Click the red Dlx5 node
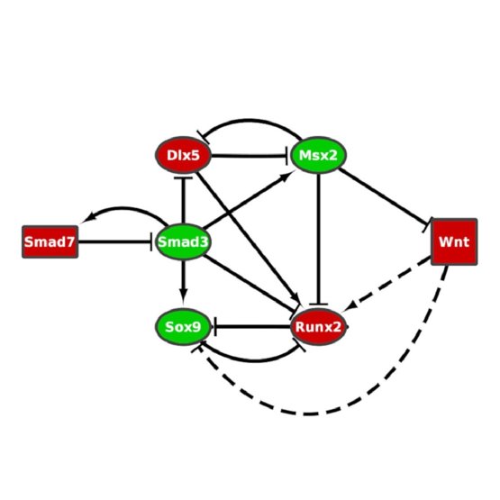click(183, 155)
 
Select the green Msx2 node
click(318, 155)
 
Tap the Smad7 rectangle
click(50, 241)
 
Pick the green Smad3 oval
click(183, 241)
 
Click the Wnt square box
click(454, 241)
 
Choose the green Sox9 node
click(183, 327)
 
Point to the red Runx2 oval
click(318, 327)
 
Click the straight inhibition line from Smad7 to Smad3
click(115, 241)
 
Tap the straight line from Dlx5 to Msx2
click(250, 156)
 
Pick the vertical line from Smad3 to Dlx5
click(183, 200)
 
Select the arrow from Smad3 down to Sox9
click(183, 280)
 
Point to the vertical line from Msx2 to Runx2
click(318, 239)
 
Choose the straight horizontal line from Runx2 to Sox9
click(252, 326)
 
